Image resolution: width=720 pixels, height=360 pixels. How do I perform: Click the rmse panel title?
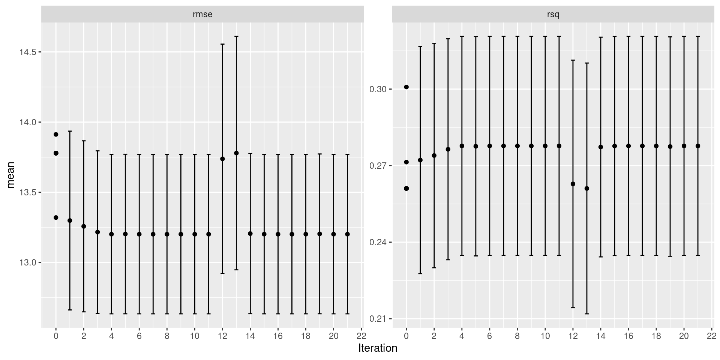(x=202, y=15)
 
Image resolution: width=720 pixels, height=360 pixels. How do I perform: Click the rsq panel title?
(x=553, y=15)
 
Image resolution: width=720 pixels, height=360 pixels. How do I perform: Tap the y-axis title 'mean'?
(x=11, y=175)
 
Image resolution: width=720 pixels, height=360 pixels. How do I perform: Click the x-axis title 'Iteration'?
(x=378, y=348)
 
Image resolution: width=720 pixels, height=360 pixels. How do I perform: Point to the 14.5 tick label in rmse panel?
(x=28, y=52)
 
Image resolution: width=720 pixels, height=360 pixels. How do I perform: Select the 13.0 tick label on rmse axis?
(x=28, y=262)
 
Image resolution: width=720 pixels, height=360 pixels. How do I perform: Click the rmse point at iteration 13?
(x=236, y=153)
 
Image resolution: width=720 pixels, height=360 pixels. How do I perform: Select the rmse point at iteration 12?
(x=222, y=159)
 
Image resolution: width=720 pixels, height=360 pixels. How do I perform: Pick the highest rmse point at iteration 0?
(x=56, y=134)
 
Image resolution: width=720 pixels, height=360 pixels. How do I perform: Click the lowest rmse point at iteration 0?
(x=56, y=217)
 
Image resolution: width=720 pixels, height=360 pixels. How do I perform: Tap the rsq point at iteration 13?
(x=587, y=189)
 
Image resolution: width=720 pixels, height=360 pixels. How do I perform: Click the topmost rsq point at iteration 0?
(x=406, y=87)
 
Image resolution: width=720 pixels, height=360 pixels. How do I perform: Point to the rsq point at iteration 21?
(x=698, y=146)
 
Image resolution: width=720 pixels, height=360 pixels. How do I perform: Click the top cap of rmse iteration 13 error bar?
(x=236, y=36)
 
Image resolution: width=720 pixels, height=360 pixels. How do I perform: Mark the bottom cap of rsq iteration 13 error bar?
(x=587, y=314)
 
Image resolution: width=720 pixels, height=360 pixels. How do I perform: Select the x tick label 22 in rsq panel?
(x=712, y=336)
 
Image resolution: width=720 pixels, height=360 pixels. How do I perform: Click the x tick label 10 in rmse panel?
(x=195, y=336)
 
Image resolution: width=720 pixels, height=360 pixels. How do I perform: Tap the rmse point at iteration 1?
(x=70, y=220)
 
